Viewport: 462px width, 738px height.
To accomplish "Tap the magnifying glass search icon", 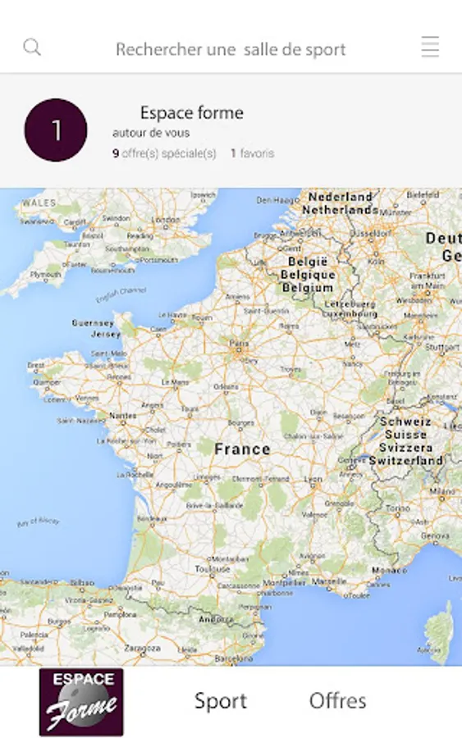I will point(32,48).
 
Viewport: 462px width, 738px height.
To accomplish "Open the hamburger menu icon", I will point(430,48).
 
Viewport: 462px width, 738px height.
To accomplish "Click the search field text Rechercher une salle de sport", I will point(231,49).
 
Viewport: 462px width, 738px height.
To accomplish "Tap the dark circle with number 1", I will point(56,130).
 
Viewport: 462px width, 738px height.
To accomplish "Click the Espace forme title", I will point(191,113).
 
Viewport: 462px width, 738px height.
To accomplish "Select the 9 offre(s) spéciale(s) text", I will point(164,153).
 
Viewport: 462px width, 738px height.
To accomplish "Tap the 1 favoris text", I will point(252,153).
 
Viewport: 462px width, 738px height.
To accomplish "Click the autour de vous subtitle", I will point(151,133).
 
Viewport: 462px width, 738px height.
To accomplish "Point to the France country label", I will point(242,449).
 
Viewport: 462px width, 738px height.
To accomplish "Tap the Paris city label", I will point(239,344).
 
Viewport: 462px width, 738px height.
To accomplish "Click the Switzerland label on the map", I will point(405,461).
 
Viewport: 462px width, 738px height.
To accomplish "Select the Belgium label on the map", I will point(308,288).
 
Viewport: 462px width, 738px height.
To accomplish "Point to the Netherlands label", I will point(340,210).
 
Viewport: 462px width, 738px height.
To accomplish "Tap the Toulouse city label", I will point(213,567).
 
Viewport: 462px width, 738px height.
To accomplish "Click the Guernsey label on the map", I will point(93,323).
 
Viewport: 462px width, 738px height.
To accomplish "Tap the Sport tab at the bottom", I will point(220,701).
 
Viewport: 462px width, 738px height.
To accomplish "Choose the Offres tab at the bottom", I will point(337,701).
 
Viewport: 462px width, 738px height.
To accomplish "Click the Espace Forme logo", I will point(81,702).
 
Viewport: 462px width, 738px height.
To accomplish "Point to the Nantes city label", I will point(123,416).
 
